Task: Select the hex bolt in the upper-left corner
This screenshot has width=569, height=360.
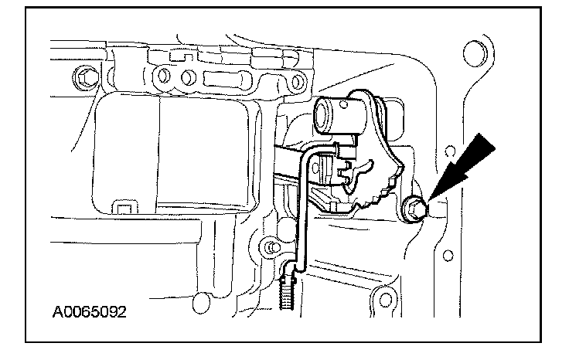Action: click(x=83, y=76)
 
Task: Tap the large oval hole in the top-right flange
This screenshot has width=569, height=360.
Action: click(x=470, y=54)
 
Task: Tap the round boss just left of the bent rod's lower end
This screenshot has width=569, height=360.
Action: click(x=269, y=247)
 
